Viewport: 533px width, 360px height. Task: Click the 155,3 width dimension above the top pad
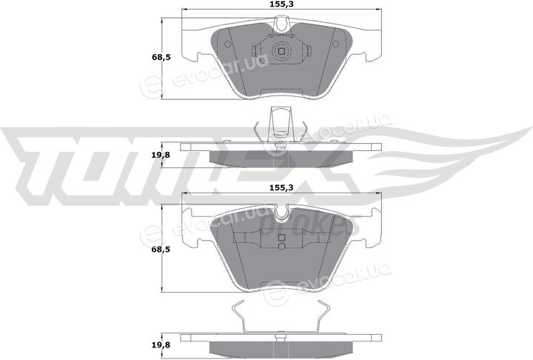click(281, 4)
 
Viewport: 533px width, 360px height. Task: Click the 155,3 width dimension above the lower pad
click(281, 187)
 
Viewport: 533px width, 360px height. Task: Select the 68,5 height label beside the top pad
click(161, 57)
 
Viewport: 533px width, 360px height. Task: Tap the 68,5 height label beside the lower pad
click(161, 250)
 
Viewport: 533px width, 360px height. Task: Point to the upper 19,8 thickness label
click(161, 155)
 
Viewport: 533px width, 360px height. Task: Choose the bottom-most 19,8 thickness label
click(161, 345)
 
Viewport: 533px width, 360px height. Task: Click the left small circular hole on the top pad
click(227, 44)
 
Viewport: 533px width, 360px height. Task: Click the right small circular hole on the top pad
click(335, 44)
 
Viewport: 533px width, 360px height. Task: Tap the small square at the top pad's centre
click(281, 51)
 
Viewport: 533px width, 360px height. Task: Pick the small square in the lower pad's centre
click(281, 238)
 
